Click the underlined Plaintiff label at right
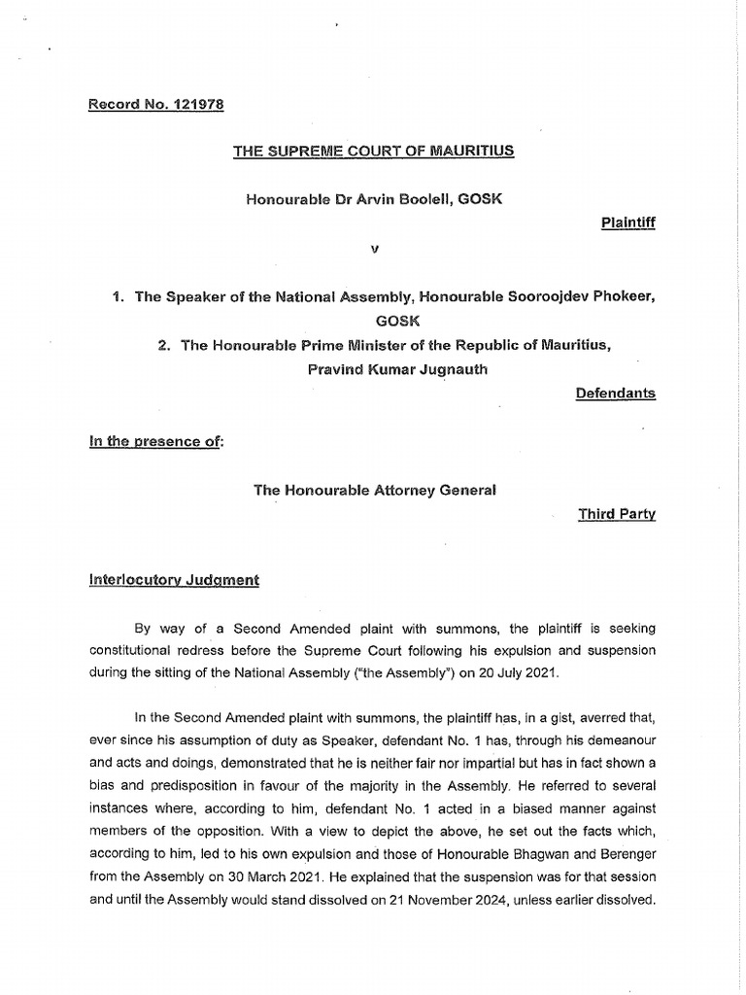628,223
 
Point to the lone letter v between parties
373,249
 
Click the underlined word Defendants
616,393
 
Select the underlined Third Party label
617,514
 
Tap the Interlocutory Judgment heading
175,580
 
